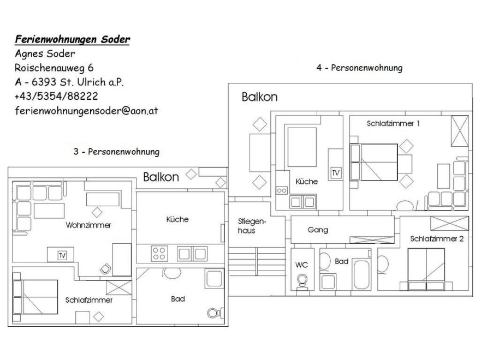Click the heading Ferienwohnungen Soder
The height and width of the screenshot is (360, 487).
coord(73,39)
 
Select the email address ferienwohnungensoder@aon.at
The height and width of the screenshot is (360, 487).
coord(86,111)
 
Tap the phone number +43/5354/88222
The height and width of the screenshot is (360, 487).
coord(56,96)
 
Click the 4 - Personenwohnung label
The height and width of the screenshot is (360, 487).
coord(359,68)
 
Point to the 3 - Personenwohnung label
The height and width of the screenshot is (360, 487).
coord(116,152)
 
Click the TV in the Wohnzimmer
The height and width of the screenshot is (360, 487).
coord(62,255)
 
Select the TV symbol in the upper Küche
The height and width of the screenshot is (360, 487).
coord(336,173)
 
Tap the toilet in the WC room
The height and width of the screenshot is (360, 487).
coord(302,282)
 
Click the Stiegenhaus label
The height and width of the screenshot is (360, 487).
coord(252,226)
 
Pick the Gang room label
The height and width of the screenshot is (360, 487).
coord(318,230)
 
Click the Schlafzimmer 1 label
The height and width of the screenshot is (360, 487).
coord(393,123)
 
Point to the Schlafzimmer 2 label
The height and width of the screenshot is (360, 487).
coord(437,239)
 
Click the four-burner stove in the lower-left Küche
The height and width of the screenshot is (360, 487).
coord(159,253)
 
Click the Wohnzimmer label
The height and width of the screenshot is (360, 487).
coord(88,225)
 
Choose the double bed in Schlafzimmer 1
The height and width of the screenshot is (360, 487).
coord(373,162)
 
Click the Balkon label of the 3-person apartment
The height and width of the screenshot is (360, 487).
coord(161,177)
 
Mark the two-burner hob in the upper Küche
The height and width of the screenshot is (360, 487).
coord(282,190)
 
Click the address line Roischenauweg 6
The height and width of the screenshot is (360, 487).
coord(54,68)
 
